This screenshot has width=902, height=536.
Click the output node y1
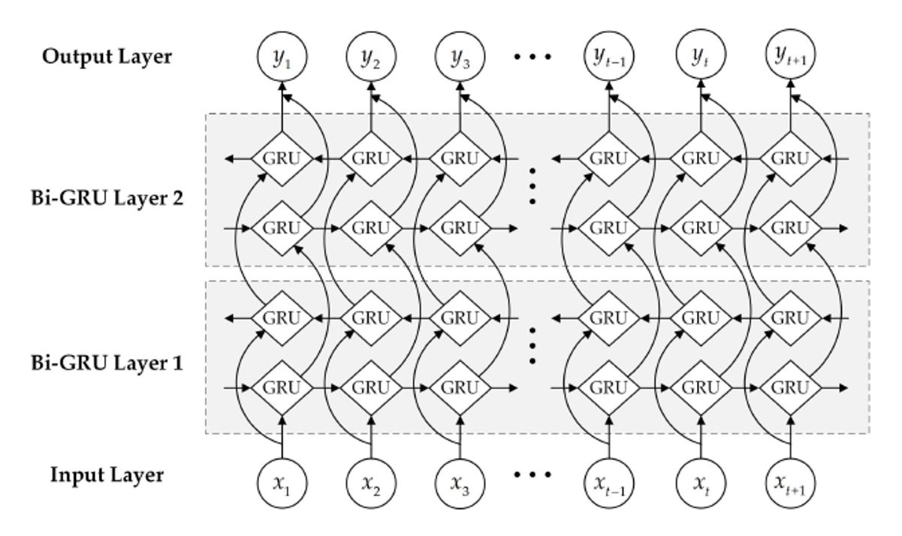[x=282, y=56]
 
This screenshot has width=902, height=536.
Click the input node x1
[x=282, y=477]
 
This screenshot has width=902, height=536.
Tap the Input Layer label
[x=107, y=475]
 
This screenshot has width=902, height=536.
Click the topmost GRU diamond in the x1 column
[x=282, y=159]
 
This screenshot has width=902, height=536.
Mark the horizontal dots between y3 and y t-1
[x=533, y=56]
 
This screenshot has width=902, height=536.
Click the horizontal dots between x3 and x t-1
[x=533, y=475]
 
